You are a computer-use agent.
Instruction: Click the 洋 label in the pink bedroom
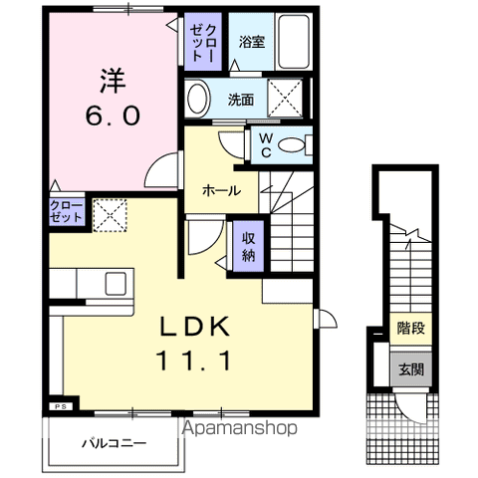pyautogui.click(x=113, y=81)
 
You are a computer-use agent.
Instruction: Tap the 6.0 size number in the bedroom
pyautogui.click(x=113, y=116)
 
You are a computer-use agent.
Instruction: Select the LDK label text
pyautogui.click(x=195, y=327)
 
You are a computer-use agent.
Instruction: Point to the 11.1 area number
pyautogui.click(x=193, y=360)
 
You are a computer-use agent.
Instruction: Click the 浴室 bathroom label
pyautogui.click(x=252, y=42)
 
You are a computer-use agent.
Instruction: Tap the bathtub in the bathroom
pyautogui.click(x=294, y=42)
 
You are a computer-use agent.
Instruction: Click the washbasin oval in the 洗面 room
pyautogui.click(x=198, y=99)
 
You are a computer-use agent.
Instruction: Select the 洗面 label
pyautogui.click(x=241, y=100)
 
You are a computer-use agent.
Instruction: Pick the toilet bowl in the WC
pyautogui.click(x=291, y=145)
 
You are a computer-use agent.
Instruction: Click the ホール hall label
pyautogui.click(x=222, y=191)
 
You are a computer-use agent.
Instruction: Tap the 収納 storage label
pyautogui.click(x=248, y=247)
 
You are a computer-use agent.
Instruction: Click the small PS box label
pyautogui.click(x=61, y=406)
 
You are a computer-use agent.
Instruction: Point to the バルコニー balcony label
pyautogui.click(x=115, y=443)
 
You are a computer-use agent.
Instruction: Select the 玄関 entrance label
pyautogui.click(x=411, y=369)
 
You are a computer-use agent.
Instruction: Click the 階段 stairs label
pyautogui.click(x=411, y=328)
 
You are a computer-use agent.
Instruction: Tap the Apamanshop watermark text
pyautogui.click(x=240, y=428)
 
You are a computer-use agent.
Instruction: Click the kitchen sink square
pyautogui.click(x=116, y=284)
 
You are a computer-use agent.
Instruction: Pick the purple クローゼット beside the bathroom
pyautogui.click(x=203, y=42)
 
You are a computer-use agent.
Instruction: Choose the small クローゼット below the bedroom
pyautogui.click(x=66, y=212)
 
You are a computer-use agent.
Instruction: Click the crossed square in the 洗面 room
pyautogui.click(x=285, y=98)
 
